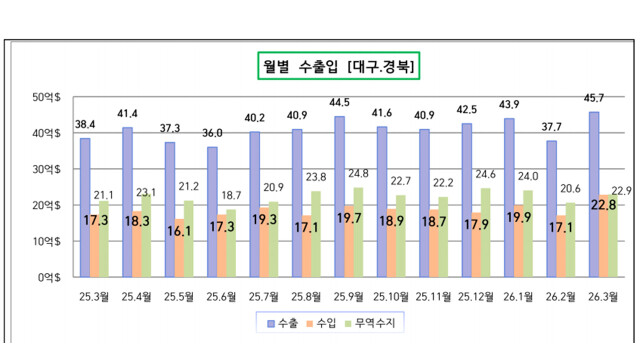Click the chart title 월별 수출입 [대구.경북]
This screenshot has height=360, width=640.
pos(336,67)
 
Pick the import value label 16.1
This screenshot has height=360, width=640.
pos(179,228)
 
